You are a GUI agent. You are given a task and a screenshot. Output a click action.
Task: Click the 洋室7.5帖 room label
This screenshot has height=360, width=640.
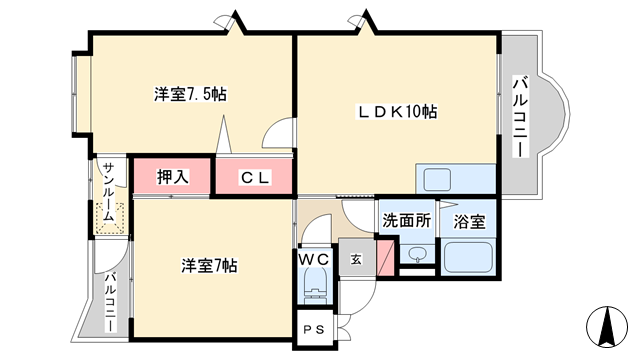click(190, 94)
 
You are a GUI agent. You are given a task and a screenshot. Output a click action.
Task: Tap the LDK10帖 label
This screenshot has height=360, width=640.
click(397, 111)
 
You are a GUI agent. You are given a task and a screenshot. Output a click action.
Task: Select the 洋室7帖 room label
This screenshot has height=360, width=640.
click(209, 266)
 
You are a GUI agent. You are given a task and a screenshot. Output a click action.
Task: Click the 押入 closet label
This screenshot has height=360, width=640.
click(173, 177)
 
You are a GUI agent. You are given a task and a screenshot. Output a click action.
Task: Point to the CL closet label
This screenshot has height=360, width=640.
click(255, 178)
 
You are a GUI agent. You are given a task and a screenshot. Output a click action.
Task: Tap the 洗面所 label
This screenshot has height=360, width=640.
click(407, 220)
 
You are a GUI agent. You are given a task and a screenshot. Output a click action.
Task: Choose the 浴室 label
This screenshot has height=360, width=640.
click(469, 222)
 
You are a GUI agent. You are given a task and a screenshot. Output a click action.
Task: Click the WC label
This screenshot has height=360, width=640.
click(313, 259)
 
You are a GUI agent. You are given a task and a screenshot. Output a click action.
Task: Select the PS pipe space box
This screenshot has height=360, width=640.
click(315, 329)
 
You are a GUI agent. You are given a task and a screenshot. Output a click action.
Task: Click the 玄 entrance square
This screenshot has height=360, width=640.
click(357, 258)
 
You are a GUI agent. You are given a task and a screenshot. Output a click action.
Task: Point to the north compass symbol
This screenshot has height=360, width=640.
click(607, 327)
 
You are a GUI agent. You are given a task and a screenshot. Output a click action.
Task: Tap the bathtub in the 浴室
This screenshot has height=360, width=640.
click(468, 258)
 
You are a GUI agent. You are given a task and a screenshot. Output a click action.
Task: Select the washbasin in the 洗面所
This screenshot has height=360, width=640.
click(417, 253)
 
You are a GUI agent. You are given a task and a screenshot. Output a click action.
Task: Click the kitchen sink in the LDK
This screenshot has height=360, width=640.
click(437, 180)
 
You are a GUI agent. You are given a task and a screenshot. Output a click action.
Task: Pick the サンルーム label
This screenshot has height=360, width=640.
click(108, 191)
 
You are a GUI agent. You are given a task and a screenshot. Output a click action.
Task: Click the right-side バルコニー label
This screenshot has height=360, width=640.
click(520, 116)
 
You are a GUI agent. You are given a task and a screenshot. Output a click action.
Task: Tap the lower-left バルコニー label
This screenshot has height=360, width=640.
click(110, 302)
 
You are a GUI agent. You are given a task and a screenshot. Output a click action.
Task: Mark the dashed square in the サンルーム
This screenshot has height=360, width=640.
click(109, 219)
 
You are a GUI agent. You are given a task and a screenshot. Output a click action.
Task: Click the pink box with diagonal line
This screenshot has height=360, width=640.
click(385, 258)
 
